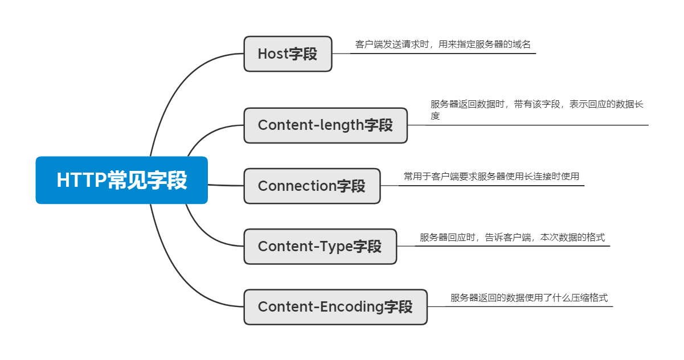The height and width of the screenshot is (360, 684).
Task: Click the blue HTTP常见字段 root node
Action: (121, 180)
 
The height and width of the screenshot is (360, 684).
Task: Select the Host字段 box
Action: (288, 54)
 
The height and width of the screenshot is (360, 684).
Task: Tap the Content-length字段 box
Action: (325, 125)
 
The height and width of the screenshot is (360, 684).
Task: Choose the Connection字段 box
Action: (312, 186)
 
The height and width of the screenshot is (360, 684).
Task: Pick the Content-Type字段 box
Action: (320, 247)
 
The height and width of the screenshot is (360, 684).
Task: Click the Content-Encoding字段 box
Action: (335, 307)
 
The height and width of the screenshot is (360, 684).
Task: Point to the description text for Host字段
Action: (443, 44)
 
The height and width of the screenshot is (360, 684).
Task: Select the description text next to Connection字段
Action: (491, 177)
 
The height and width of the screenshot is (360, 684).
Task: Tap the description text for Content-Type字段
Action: (512, 238)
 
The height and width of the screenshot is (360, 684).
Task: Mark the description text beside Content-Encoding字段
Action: (529, 298)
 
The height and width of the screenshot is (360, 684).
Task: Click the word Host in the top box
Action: (273, 54)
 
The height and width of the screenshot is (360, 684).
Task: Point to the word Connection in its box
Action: (297, 186)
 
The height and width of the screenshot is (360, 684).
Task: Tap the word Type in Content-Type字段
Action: (337, 247)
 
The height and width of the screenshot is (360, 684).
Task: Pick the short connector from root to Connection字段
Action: (226, 185)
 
